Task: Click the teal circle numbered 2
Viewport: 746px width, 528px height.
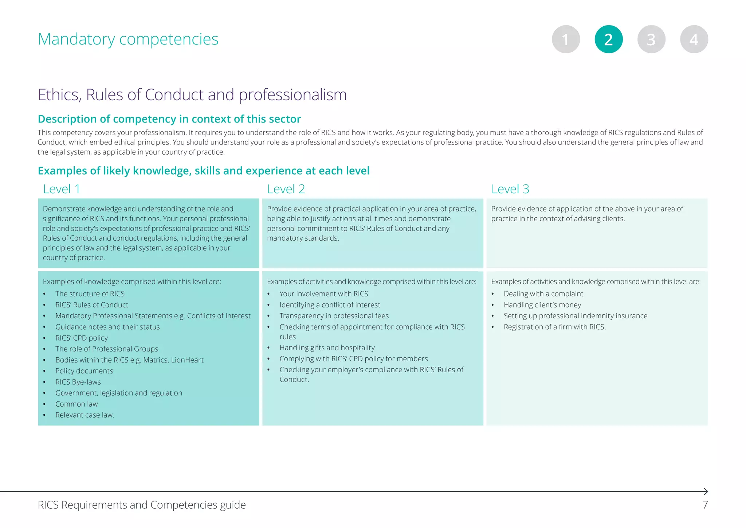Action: (608, 39)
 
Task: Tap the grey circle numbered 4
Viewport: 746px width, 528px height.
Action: (694, 39)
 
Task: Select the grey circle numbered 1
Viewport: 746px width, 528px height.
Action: (566, 39)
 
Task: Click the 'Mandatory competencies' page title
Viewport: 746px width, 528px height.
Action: (128, 39)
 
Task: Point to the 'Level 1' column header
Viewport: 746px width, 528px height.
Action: (62, 189)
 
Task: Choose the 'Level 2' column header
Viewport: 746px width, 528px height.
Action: (286, 189)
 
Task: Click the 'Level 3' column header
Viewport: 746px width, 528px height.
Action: (510, 189)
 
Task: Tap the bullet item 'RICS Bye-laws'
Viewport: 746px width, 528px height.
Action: (78, 382)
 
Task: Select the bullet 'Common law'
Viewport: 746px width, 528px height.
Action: (76, 404)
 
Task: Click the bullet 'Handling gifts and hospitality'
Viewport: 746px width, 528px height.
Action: (327, 348)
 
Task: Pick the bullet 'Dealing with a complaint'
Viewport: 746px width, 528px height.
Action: (543, 294)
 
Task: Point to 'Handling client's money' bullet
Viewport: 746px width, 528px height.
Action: (542, 305)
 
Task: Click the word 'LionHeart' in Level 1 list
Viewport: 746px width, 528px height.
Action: (187, 360)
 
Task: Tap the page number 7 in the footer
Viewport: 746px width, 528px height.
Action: (705, 505)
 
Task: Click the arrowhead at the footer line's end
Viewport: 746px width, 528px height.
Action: (706, 492)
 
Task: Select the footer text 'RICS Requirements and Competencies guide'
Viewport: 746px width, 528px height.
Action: (142, 505)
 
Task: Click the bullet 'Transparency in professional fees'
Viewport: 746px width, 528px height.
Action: (334, 316)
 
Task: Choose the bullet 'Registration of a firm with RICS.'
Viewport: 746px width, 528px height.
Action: (554, 327)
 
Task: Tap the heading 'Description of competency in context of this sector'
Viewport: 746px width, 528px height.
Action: (169, 119)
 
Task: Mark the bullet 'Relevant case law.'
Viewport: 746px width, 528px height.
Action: (85, 415)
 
